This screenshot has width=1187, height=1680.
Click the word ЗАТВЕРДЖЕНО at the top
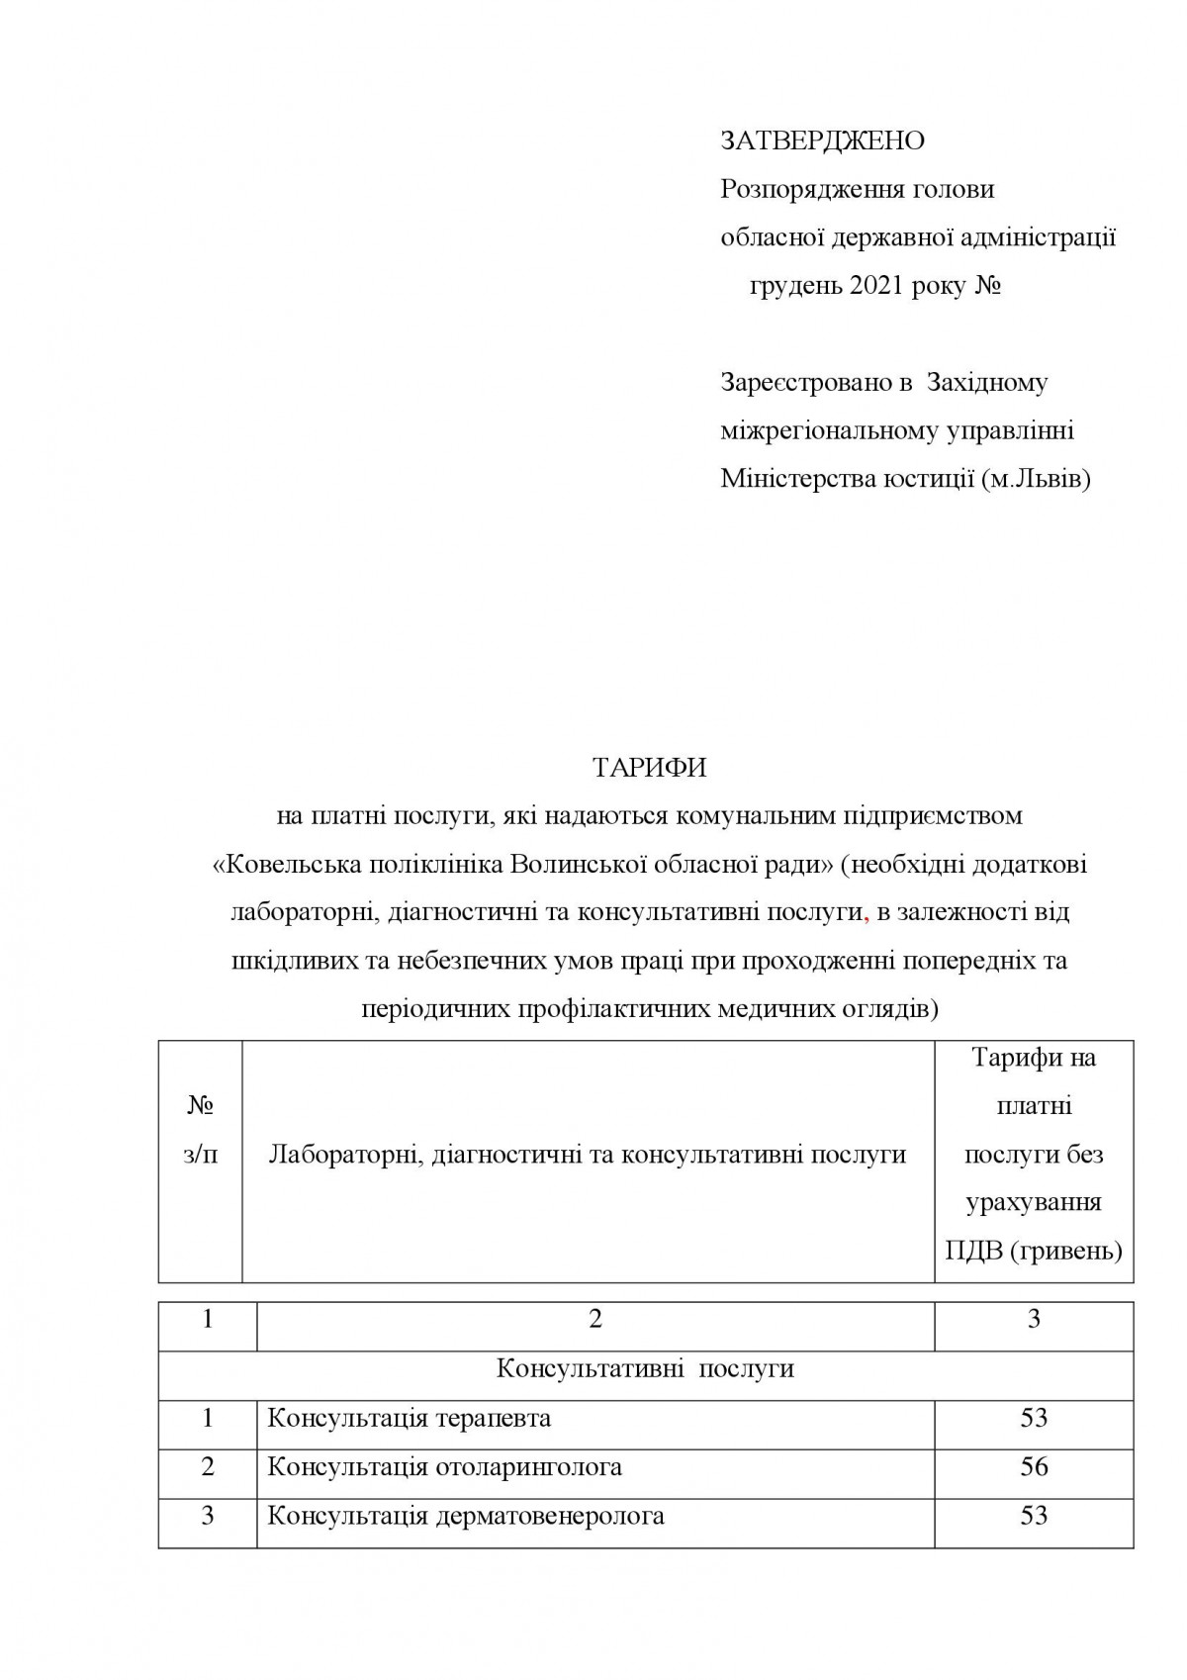pyautogui.click(x=822, y=141)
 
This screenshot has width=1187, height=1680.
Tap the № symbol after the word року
pyautogui.click(x=988, y=287)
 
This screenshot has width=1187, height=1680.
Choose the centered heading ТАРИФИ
pyautogui.click(x=650, y=768)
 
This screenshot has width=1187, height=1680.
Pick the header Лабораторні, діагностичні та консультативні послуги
pyautogui.click(x=588, y=1155)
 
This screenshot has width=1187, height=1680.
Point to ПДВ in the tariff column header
pyautogui.click(x=973, y=1252)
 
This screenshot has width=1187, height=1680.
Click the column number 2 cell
pyautogui.click(x=595, y=1320)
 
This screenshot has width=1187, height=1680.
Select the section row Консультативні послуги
pyautogui.click(x=645, y=1369)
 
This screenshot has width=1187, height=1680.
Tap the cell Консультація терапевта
pyautogui.click(x=409, y=1419)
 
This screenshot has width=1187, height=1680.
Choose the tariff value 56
pyautogui.click(x=1034, y=1466)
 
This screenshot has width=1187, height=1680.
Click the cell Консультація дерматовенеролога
pyautogui.click(x=466, y=1516)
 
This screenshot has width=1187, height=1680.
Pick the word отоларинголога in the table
pyautogui.click(x=529, y=1467)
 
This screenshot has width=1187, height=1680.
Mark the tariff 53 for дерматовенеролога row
pyautogui.click(x=1034, y=1516)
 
